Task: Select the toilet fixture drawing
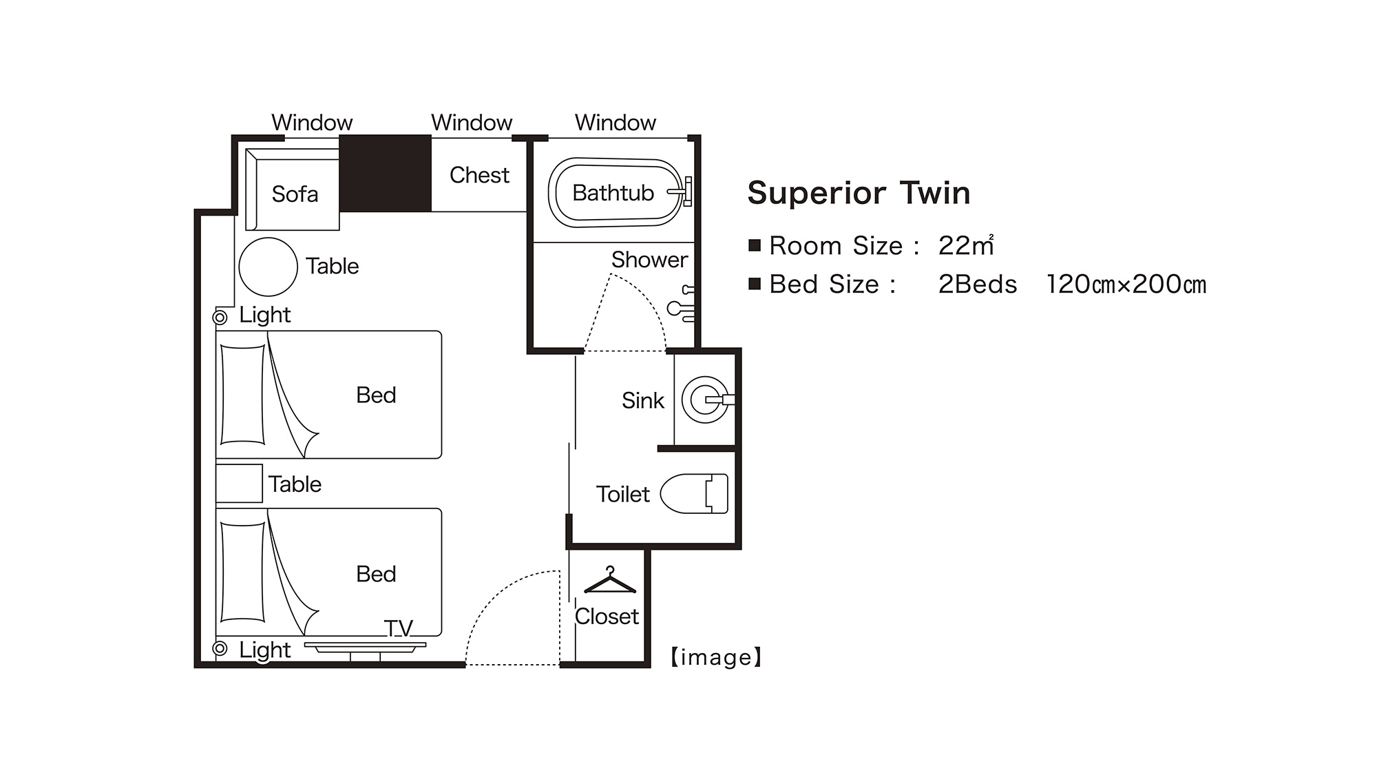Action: pyautogui.click(x=694, y=493)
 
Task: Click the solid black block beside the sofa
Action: pyautogui.click(x=386, y=174)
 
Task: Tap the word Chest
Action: pyautogui.click(x=479, y=175)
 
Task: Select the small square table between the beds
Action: pyautogui.click(x=239, y=483)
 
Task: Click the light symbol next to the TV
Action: pyautogui.click(x=220, y=648)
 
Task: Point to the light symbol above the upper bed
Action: pyautogui.click(x=220, y=317)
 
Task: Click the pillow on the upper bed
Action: pyautogui.click(x=242, y=395)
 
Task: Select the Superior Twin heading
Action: pyautogui.click(x=859, y=193)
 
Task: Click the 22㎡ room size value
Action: pyautogui.click(x=966, y=245)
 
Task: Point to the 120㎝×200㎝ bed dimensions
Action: pyautogui.click(x=1126, y=285)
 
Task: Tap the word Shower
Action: pyautogui.click(x=649, y=260)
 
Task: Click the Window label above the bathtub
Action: pyautogui.click(x=616, y=123)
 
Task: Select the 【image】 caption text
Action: pyautogui.click(x=716, y=657)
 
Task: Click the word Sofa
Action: pyautogui.click(x=295, y=194)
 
